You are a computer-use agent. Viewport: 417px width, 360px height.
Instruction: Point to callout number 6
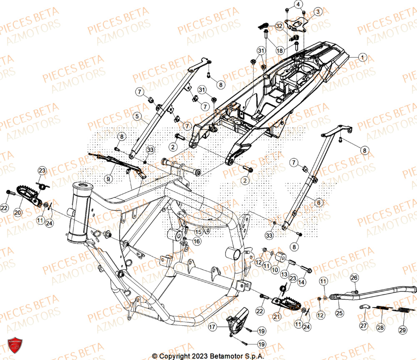click(319, 203)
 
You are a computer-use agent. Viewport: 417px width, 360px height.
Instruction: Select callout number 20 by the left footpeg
click(18, 212)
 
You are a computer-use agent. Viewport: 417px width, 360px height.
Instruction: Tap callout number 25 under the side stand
click(339, 312)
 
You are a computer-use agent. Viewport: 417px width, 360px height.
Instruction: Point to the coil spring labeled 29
click(402, 311)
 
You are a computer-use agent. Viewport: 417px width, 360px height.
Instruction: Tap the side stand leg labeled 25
click(375, 292)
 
